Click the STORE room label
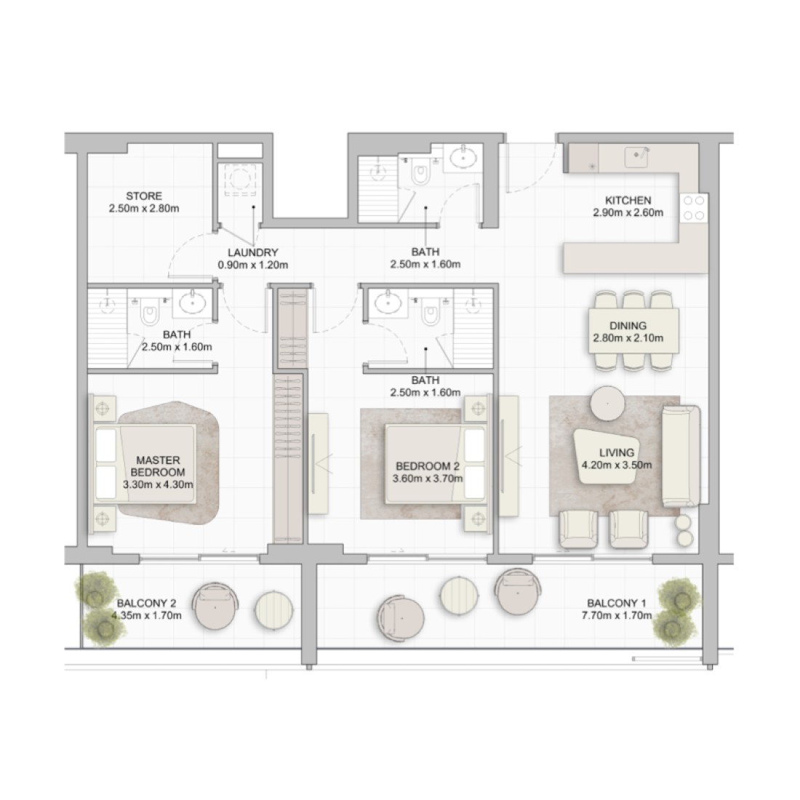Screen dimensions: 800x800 tap(144, 196)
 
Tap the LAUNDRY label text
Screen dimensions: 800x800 tap(253, 252)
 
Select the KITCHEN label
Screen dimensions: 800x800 tap(628, 201)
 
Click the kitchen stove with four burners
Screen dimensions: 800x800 tap(694, 208)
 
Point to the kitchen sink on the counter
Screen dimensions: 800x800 tap(636, 156)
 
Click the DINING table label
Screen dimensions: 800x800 tap(628, 326)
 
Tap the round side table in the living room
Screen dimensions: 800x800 tap(607, 403)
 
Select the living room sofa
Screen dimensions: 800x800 tap(681, 455)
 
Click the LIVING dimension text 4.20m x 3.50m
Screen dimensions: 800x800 tap(617, 465)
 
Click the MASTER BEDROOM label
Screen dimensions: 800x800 tap(158, 466)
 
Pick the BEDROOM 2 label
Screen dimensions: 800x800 tap(428, 466)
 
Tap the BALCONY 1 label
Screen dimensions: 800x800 tap(616, 603)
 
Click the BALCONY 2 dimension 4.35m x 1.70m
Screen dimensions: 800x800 tap(147, 615)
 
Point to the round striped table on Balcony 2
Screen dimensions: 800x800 tap(274, 609)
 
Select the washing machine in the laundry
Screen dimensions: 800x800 tap(240, 179)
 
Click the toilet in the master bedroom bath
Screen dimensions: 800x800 tap(150, 314)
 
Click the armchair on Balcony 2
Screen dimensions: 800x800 tap(215, 606)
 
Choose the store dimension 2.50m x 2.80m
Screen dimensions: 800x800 tap(144, 208)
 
